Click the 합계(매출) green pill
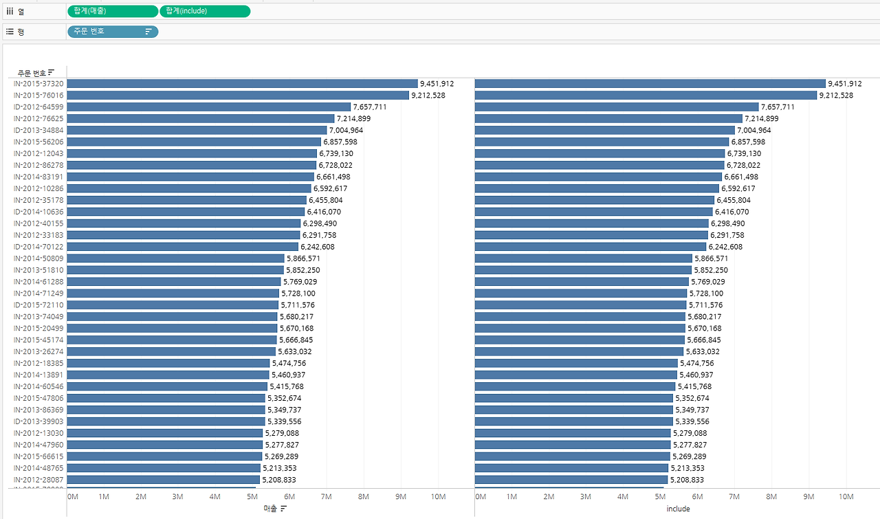(x=113, y=11)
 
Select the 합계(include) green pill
(x=205, y=11)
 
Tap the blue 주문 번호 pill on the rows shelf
(x=112, y=31)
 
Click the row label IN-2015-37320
(x=38, y=83)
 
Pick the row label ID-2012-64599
(x=38, y=107)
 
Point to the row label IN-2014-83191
(x=38, y=177)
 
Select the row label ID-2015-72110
(x=38, y=305)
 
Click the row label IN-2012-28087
(x=38, y=480)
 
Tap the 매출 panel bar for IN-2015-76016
(x=237, y=95)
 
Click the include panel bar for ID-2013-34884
(x=605, y=130)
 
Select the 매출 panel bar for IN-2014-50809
(x=175, y=258)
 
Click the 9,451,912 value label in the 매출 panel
(x=437, y=84)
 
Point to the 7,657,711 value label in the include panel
(x=778, y=107)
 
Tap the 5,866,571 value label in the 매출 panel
(x=303, y=258)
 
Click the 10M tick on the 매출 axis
(x=438, y=496)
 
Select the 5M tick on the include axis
(x=660, y=496)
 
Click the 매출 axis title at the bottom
(x=269, y=509)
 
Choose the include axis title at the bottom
(x=678, y=509)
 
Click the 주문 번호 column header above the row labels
(x=32, y=73)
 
